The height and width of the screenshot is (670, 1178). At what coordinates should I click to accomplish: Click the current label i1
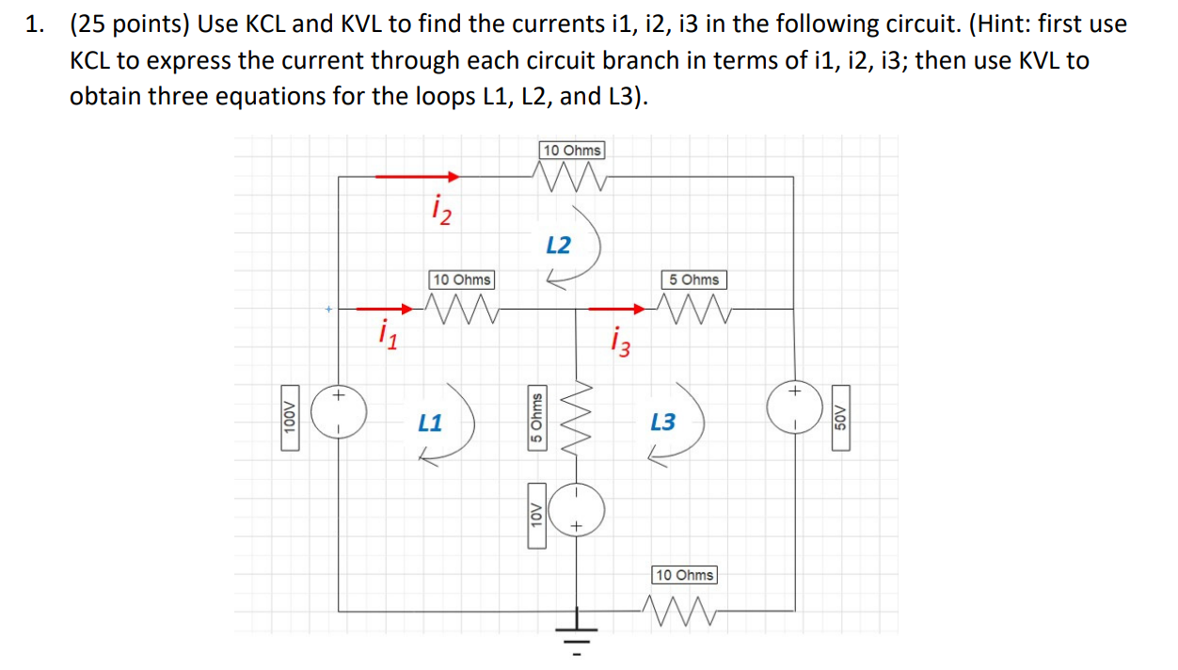[x=386, y=332]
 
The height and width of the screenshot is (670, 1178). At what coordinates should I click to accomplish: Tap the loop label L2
[x=558, y=246]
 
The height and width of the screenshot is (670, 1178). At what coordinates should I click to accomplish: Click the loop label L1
[x=430, y=423]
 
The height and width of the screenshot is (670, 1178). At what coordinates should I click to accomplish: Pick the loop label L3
[x=662, y=423]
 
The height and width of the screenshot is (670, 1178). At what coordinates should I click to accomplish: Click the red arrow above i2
[x=417, y=176]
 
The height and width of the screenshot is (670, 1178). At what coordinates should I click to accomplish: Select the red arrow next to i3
[x=618, y=308]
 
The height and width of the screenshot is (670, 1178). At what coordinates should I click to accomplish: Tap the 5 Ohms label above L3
[x=694, y=279]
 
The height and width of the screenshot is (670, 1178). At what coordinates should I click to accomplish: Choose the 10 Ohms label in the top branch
[x=573, y=151]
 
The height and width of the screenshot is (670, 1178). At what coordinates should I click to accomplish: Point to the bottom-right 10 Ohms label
[x=684, y=574]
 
